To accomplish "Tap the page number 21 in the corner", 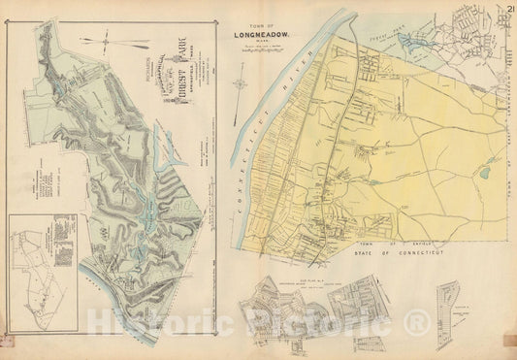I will click(508, 10).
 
